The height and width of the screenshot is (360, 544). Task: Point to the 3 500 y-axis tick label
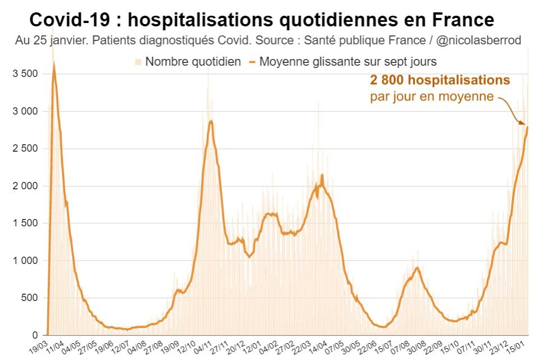tap(25, 74)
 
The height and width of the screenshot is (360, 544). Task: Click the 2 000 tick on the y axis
tap(25, 186)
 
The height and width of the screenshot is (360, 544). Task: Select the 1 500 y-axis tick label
tap(25, 223)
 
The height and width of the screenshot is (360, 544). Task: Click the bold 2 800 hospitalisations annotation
tap(440, 80)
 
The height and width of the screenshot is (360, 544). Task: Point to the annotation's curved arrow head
tap(523, 123)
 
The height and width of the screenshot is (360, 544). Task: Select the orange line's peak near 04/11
tap(211, 121)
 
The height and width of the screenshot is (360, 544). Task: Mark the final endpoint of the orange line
tap(528, 127)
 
